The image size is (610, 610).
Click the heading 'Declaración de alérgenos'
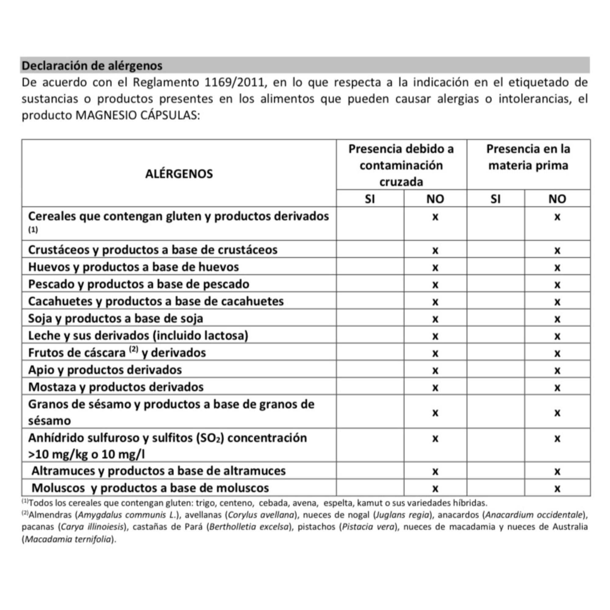[92, 66]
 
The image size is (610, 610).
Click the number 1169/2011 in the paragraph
[234, 82]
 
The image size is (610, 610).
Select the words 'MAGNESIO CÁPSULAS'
[138, 116]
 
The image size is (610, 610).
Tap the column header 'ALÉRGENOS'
[179, 174]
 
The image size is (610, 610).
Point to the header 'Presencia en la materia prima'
[528, 157]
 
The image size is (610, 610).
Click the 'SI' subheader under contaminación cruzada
[370, 199]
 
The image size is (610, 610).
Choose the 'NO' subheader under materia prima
[557, 199]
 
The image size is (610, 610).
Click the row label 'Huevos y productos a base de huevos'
[133, 267]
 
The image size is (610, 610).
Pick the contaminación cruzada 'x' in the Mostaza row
[435, 388]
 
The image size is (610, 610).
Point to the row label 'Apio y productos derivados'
[105, 370]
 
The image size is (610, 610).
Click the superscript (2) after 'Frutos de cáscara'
[134, 350]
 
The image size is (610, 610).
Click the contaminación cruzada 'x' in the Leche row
[435, 336]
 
